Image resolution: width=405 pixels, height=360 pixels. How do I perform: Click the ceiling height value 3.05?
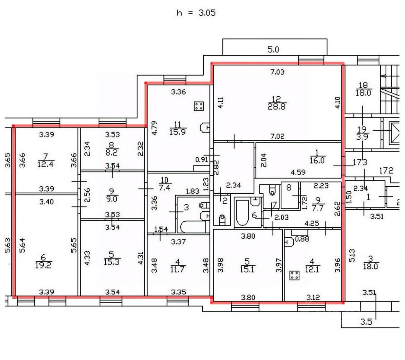coord(207,13)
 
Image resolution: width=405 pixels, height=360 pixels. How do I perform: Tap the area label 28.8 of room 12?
coord(277,106)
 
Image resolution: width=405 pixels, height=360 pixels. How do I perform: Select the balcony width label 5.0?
coord(273,50)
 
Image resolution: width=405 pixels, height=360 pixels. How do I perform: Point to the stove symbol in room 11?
coord(198,106)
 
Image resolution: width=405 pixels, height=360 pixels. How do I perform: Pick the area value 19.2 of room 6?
coord(43,265)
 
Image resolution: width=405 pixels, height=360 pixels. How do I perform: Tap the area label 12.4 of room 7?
coord(45,164)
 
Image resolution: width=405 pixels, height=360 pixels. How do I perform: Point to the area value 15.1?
coord(247,269)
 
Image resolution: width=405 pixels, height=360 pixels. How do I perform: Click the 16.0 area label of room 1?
coord(317,160)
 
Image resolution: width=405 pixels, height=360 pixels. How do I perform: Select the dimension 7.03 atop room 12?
coord(277,72)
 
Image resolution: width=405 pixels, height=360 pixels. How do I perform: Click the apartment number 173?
coord(360,163)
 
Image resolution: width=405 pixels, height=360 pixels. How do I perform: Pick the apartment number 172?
coord(386,171)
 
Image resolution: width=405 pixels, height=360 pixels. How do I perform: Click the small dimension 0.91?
coord(202,160)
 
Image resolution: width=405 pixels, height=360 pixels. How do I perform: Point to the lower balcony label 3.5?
coord(366,322)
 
